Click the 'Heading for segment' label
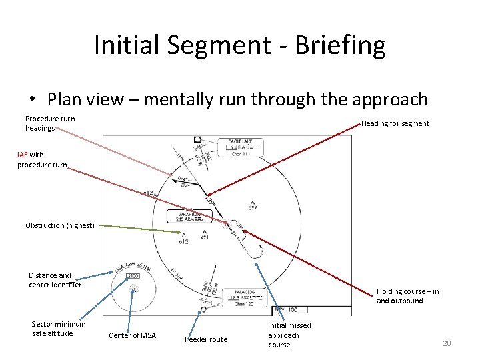click(395, 123)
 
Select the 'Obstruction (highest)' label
click(60, 225)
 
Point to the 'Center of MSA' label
click(132, 335)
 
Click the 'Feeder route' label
click(206, 339)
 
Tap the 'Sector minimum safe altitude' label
click(59, 329)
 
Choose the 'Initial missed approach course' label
click(289, 335)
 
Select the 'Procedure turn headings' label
click(50, 123)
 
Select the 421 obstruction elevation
click(205, 237)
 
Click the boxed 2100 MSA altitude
click(134, 276)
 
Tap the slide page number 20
click(447, 343)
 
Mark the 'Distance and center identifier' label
click(55, 280)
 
